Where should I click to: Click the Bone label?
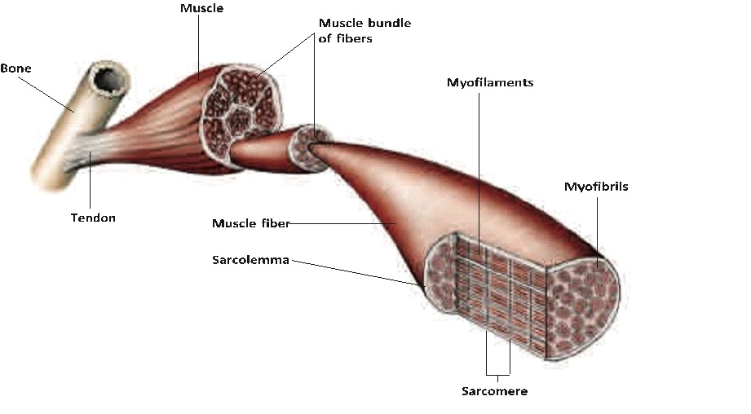pyautogui.click(x=15, y=68)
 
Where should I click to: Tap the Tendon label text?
pyautogui.click(x=93, y=218)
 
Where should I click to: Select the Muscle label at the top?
pyautogui.click(x=201, y=8)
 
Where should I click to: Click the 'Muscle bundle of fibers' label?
pyautogui.click(x=364, y=31)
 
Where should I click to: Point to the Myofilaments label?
pyautogui.click(x=490, y=83)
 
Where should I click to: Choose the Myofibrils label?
pyautogui.click(x=596, y=187)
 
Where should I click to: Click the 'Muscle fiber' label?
pyautogui.click(x=251, y=223)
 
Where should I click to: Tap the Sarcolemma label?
pyautogui.click(x=250, y=260)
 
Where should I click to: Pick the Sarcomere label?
pyautogui.click(x=495, y=391)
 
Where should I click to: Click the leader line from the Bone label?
pyautogui.click(x=46, y=95)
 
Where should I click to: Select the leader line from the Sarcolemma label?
pyautogui.click(x=358, y=273)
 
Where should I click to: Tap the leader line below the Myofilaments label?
pyautogui.click(x=479, y=173)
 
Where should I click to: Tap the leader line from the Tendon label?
pyautogui.click(x=90, y=180)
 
